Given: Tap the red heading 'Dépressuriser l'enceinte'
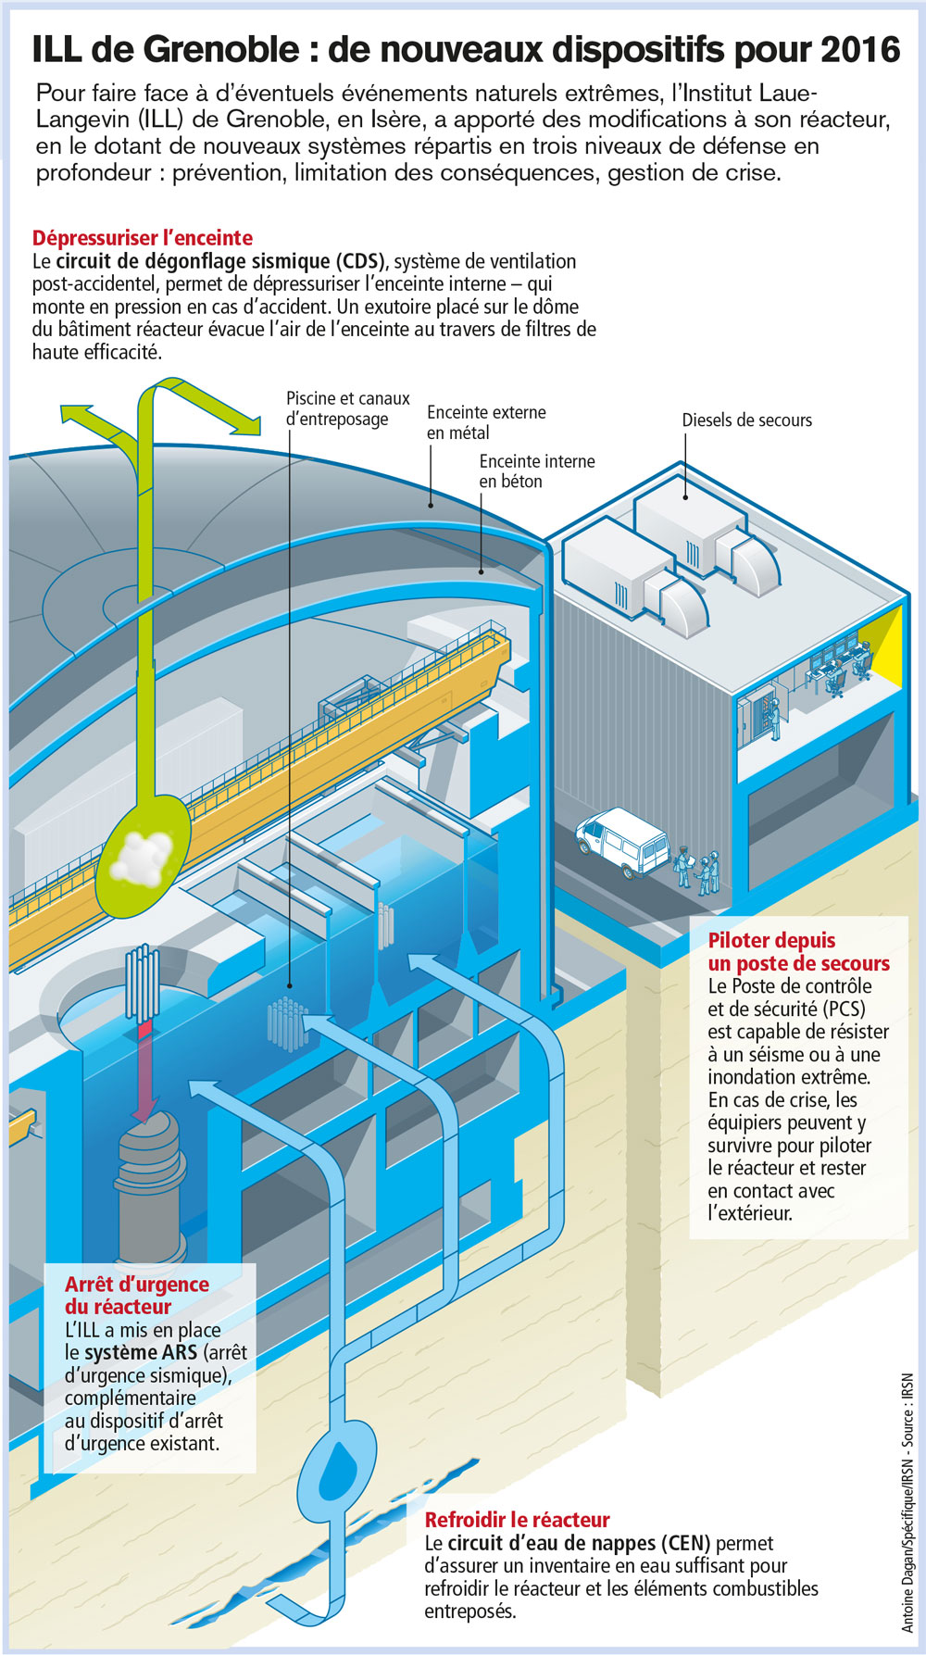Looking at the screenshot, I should pos(143,238).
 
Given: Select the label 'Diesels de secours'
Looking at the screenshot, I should pos(746,420).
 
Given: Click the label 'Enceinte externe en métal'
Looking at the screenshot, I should pos(485,422).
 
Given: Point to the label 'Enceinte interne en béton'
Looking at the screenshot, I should pos(537,471).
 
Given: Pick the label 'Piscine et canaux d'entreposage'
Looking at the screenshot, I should pos(347,408).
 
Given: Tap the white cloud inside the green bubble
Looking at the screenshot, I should pos(141,854).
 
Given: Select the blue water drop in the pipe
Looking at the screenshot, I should pos(335,1464).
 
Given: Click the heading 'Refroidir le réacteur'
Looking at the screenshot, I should pos(517,1520).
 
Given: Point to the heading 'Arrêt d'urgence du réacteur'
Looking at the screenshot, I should pos(136,1296).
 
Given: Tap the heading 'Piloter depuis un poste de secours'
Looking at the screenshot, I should pos(798,952).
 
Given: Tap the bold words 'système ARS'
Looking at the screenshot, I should pos(140,1352).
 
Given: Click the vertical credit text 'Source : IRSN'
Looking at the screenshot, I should pos(907,1409).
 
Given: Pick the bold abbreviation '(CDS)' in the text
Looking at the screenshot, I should pos(359,261).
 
